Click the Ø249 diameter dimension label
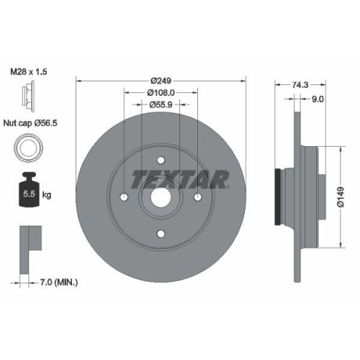pos(161,81)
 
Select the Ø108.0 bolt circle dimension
pos(161,92)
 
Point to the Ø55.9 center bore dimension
pos(161,104)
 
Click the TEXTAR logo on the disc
pos(180,178)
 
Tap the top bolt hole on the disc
pos(161,163)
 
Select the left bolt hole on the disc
pos(124,197)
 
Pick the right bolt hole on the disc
pos(199,197)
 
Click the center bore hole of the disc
pos(161,197)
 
